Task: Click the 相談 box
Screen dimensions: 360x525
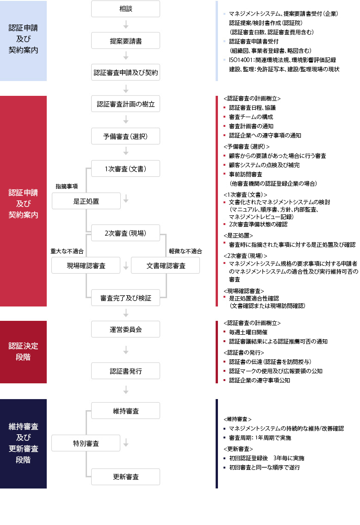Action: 125,9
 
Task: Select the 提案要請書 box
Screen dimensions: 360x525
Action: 125,41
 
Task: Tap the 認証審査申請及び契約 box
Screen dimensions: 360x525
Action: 125,72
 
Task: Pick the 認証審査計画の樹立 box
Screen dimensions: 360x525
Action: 125,104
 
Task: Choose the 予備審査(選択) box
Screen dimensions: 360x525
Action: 125,136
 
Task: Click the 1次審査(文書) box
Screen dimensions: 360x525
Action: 125,169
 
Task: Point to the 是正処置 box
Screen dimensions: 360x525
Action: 87,201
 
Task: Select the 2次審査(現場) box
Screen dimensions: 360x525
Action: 125,233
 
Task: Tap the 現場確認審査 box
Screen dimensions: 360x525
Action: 86,266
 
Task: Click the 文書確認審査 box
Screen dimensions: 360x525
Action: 166,266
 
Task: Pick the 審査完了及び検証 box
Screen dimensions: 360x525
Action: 125,298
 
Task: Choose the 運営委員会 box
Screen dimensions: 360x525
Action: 125,330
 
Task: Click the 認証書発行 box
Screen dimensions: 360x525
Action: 125,371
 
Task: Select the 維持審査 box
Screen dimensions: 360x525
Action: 125,411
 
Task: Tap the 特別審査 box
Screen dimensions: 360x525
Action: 86,444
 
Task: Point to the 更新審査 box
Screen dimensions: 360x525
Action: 125,477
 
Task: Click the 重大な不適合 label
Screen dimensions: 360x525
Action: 67,251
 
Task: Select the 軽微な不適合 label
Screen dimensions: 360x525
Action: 186,251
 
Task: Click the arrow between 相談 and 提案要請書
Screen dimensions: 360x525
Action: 126,25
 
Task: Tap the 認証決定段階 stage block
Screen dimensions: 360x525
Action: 24,352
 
